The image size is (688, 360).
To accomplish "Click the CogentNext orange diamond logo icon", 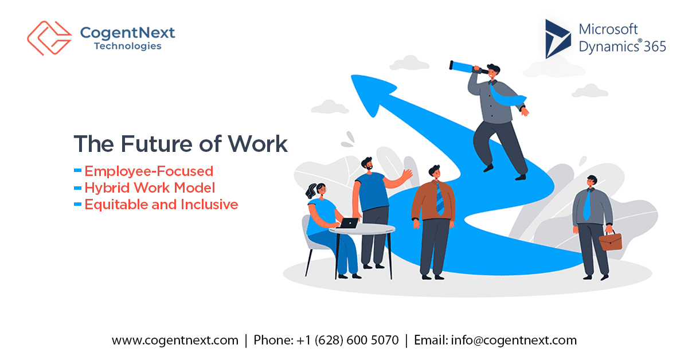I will click(x=49, y=38).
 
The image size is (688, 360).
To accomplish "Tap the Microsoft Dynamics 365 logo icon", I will click(x=558, y=38).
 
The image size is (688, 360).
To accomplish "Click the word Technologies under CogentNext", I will click(x=127, y=46).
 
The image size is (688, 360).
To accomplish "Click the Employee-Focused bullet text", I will click(x=149, y=171).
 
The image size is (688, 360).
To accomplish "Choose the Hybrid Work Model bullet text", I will click(x=150, y=187).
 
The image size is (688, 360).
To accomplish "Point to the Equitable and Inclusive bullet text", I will click(x=161, y=204).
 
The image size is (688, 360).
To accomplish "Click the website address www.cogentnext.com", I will click(x=175, y=340).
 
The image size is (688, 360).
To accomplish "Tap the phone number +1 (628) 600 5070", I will click(x=347, y=340).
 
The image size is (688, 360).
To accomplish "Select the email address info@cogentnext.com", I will click(x=514, y=340).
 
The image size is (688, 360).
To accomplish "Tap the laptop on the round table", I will click(x=347, y=223).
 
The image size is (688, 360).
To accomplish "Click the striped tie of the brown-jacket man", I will click(x=439, y=198).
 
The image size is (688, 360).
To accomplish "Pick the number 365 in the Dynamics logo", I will click(x=654, y=46).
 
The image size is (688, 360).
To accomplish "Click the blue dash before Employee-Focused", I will click(x=78, y=171).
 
